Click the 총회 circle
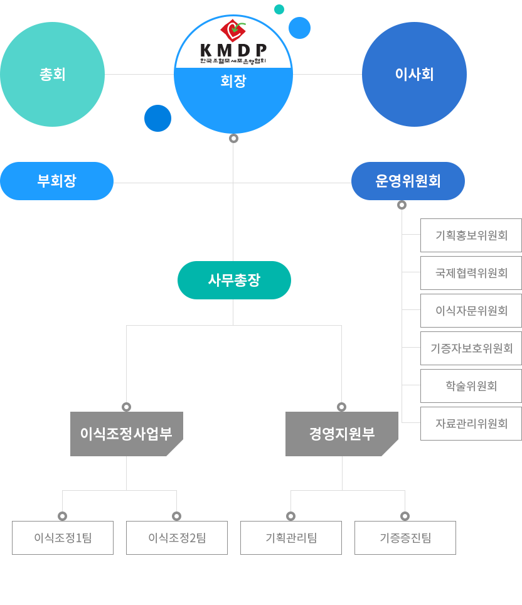[x=52, y=74]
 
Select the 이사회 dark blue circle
[x=414, y=74]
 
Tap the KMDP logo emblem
[x=233, y=30]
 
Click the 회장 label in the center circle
[x=233, y=82]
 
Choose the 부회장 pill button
[x=56, y=181]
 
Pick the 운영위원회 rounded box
[x=408, y=181]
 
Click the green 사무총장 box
[x=234, y=280]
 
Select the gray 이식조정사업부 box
[x=126, y=434]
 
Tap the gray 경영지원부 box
[x=341, y=434]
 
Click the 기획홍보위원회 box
[x=471, y=235]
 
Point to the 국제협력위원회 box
[x=471, y=273]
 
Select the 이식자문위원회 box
[x=471, y=311]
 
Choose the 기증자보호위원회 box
[x=471, y=348]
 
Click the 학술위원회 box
[x=471, y=386]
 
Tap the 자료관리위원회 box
[x=471, y=424]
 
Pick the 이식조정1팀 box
[x=63, y=538]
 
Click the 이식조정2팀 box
[x=177, y=538]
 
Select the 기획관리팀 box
[x=291, y=538]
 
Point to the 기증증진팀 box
[x=405, y=538]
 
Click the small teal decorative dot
[x=279, y=9]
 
